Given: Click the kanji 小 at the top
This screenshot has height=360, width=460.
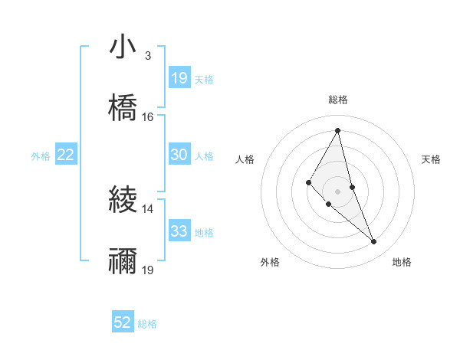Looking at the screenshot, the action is (x=123, y=47).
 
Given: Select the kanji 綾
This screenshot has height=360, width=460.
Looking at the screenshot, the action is (x=123, y=200).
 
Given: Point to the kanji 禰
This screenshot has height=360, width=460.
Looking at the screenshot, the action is (x=123, y=261).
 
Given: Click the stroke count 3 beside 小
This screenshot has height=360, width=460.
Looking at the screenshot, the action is (x=147, y=56).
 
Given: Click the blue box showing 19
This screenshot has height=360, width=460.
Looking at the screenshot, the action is (x=179, y=78).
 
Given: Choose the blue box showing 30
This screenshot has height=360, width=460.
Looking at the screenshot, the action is (x=179, y=155).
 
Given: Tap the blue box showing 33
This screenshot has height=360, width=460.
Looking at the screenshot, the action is (x=179, y=231).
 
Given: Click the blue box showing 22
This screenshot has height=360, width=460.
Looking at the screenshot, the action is (x=66, y=155).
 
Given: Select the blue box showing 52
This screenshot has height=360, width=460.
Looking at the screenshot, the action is (x=123, y=322).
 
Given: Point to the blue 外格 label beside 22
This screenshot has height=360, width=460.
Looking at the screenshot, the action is (x=41, y=155).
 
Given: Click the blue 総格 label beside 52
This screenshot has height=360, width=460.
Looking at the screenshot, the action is (x=147, y=324).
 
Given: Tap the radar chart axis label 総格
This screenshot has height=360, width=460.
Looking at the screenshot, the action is (x=338, y=100).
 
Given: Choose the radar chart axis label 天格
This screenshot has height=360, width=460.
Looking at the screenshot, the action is (x=431, y=159).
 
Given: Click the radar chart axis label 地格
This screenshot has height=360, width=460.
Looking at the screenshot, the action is (x=402, y=263).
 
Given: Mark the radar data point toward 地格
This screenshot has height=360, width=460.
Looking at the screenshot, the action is (x=374, y=242).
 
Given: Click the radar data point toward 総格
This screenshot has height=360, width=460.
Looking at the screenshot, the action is (x=338, y=130).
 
